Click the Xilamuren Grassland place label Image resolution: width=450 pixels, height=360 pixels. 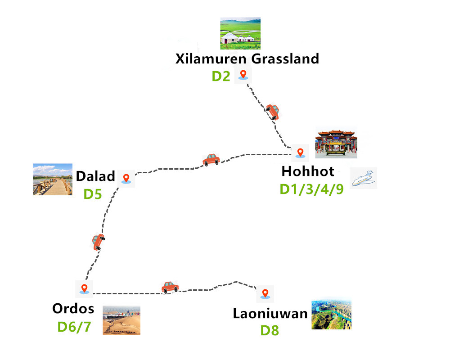(247, 59)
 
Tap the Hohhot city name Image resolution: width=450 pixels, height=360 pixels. (308, 171)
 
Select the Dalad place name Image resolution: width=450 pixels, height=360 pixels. (95, 176)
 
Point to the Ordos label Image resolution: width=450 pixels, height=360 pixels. (73, 309)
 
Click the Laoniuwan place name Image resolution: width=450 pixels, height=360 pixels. (270, 314)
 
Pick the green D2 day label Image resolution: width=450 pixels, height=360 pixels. (221, 76)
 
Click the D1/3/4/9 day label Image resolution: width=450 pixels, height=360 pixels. (312, 189)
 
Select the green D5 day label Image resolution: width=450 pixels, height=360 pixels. (93, 194)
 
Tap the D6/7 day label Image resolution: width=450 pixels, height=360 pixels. (74, 326)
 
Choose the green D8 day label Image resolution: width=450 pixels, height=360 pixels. (270, 331)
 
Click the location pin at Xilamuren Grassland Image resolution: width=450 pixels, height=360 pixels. (243, 75)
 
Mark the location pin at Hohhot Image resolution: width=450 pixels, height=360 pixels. (300, 153)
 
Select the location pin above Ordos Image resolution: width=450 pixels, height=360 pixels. (84, 288)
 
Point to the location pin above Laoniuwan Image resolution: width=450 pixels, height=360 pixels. (265, 294)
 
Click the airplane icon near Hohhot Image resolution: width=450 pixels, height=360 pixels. (364, 178)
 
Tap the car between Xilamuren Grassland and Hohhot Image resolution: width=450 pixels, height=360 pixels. (272, 111)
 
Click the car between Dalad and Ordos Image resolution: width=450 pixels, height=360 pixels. (98, 242)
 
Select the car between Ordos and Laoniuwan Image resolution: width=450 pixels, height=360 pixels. (170, 287)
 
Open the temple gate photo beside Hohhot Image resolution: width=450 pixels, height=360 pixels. (336, 143)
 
